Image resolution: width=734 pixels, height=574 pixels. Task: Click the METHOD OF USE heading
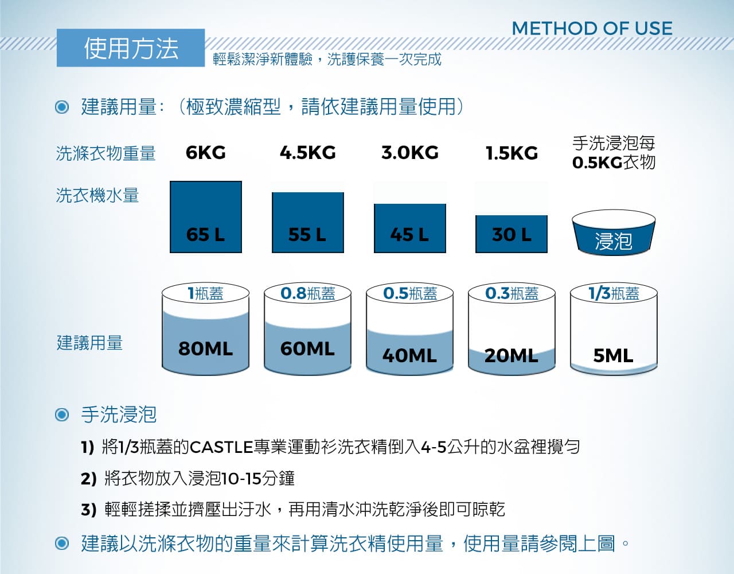click(592, 28)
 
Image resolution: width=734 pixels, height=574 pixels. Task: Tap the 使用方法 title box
click(131, 48)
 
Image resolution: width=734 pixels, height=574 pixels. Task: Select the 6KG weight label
click(206, 153)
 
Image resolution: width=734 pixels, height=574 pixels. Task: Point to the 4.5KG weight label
click(308, 153)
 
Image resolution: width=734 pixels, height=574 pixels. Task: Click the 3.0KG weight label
click(410, 153)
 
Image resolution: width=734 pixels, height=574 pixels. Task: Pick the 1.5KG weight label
click(512, 153)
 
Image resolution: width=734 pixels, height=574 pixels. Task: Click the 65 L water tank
click(206, 217)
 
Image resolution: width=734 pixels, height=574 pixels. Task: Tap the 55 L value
click(307, 234)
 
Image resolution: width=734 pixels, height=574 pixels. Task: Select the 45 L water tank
click(410, 228)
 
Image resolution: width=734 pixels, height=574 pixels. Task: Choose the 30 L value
click(512, 234)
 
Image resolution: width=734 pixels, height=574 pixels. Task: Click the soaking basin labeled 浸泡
click(614, 233)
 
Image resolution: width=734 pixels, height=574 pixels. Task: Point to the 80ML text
click(206, 348)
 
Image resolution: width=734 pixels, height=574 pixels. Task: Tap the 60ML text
click(307, 348)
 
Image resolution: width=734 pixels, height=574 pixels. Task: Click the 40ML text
click(410, 356)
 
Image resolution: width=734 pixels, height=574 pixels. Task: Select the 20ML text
click(512, 356)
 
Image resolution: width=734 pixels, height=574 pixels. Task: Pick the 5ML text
click(614, 356)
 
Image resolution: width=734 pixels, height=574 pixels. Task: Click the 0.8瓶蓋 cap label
click(308, 293)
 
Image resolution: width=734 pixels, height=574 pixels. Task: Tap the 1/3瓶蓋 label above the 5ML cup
click(614, 293)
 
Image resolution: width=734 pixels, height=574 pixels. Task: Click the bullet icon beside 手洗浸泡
click(62, 414)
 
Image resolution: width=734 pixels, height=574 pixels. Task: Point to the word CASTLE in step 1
click(221, 447)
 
